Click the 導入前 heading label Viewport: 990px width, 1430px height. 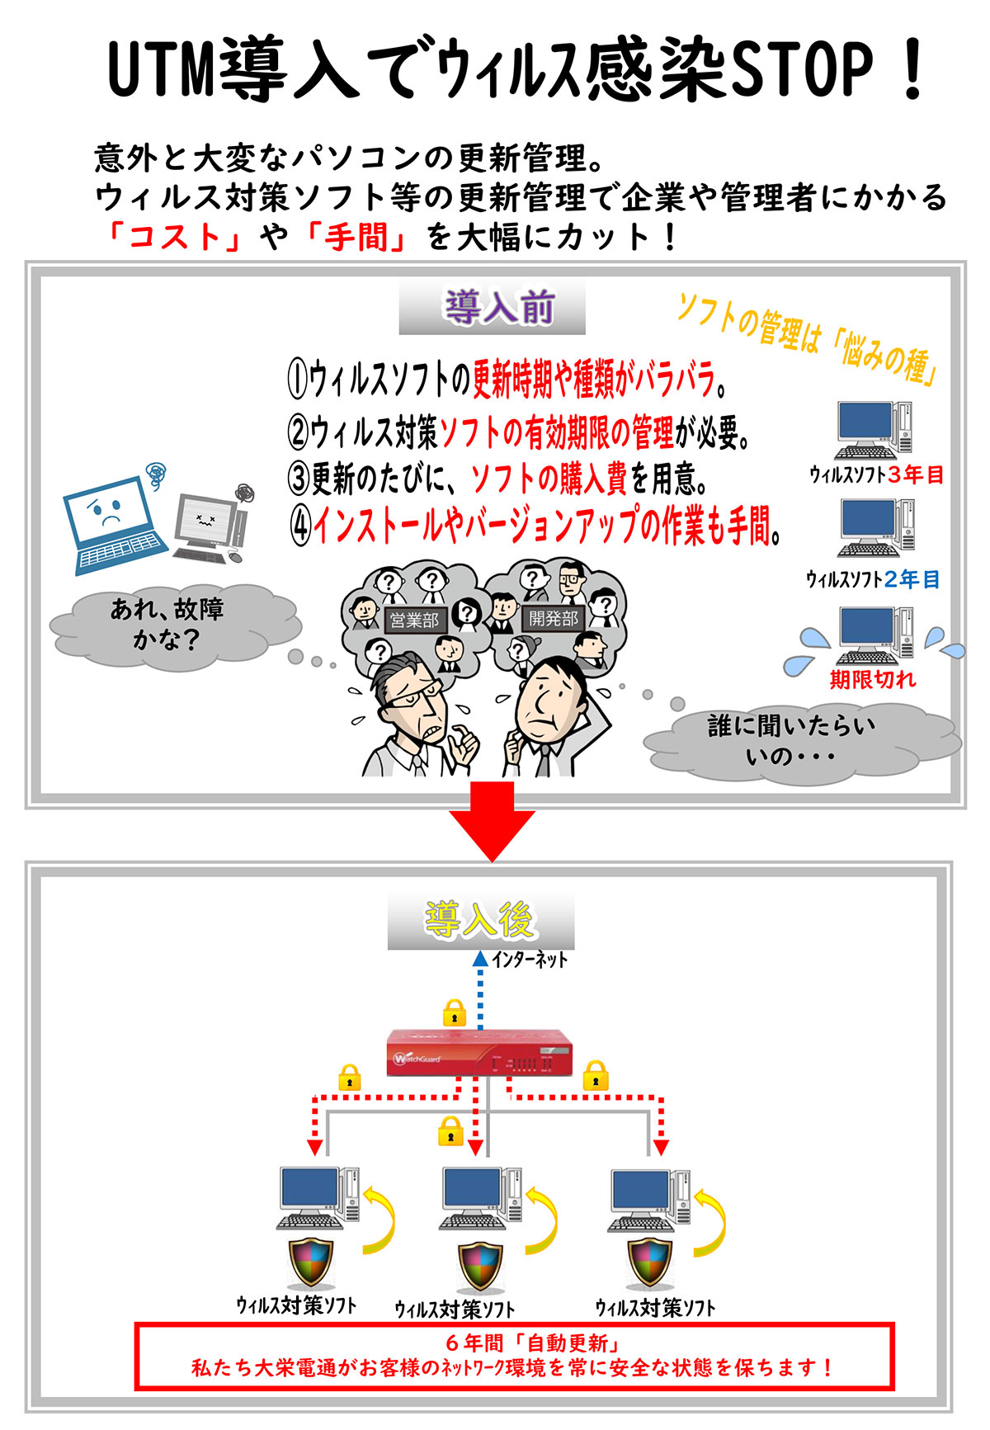(x=492, y=309)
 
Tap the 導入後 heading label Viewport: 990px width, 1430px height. (x=481, y=920)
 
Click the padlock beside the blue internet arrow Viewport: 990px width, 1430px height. (x=455, y=1012)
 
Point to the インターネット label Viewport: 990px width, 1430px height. (x=530, y=960)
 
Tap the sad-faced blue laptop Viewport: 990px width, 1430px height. (x=113, y=525)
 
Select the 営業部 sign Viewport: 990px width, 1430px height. (x=414, y=620)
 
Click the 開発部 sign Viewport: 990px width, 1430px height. (x=554, y=618)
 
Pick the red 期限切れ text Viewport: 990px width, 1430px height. (x=873, y=679)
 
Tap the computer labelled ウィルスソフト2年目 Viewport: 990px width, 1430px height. (x=876, y=528)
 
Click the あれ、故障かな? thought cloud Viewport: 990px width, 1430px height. (x=168, y=625)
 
